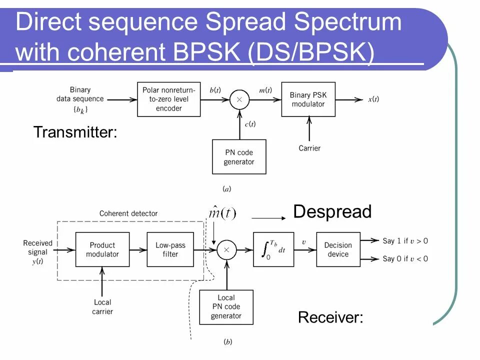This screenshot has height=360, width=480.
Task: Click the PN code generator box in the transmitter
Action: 239,157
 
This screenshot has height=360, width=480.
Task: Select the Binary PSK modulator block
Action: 308,99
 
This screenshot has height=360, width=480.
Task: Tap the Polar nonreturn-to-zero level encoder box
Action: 168,99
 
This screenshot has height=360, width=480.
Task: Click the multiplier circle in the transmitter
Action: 239,99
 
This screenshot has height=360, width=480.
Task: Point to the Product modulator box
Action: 102,249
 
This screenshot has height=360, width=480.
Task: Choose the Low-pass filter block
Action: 170,249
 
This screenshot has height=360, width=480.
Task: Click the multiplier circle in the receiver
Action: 226,249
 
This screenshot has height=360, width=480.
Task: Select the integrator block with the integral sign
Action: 273,249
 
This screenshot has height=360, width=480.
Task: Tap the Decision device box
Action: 338,249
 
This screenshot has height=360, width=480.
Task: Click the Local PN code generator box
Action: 226,306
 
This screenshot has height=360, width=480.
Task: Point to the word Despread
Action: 332,211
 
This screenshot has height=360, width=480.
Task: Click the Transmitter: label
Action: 75,132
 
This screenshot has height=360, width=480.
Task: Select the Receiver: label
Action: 330,317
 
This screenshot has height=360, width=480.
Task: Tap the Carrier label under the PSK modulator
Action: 309,148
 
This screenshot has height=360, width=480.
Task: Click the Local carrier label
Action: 102,306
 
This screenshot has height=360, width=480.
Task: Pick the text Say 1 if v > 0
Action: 405,241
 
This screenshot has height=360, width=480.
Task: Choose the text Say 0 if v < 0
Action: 405,258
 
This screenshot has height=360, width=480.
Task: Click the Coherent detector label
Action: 128,213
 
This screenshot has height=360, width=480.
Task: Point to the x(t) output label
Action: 373,99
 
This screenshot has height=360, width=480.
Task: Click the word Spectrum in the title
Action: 347,22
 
